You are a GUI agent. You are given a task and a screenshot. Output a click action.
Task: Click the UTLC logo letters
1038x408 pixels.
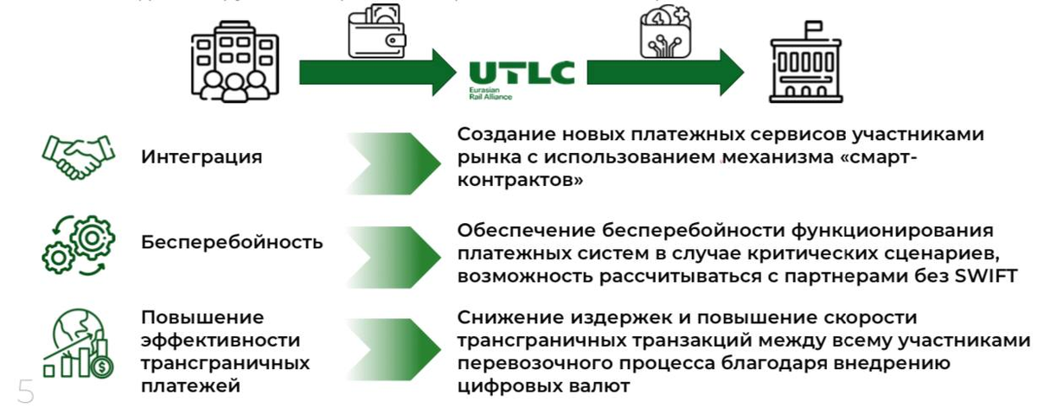[522, 72]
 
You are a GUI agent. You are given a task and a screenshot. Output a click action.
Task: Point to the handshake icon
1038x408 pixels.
[79, 156]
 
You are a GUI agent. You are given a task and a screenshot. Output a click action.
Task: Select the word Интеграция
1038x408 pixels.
[202, 157]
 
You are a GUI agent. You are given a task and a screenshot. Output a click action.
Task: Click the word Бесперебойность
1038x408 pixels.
[232, 242]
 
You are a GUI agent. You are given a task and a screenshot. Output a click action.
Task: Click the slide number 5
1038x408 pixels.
[24, 391]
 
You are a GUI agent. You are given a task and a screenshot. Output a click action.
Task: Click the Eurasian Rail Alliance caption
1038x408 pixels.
[490, 93]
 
